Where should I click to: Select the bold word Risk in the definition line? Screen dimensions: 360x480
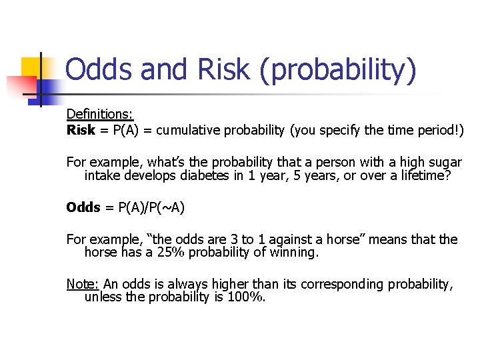click(x=81, y=130)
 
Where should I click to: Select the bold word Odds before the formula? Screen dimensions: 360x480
click(x=83, y=207)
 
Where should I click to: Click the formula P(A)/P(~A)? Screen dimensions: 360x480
click(x=151, y=207)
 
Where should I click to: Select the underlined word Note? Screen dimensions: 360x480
click(x=82, y=284)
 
